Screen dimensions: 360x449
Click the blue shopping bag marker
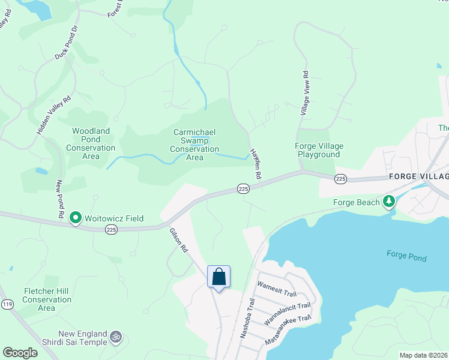click(219, 277)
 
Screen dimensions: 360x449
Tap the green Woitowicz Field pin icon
click(76, 218)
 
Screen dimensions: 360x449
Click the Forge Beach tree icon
click(389, 202)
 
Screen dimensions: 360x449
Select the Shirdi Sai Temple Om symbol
click(116, 338)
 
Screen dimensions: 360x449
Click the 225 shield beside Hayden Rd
click(243, 188)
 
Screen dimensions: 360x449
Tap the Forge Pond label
click(406, 256)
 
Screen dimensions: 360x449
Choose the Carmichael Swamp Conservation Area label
click(194, 145)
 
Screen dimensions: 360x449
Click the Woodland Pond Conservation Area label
click(91, 143)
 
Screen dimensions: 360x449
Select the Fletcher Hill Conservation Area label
click(47, 299)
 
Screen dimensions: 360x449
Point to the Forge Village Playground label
click(318, 150)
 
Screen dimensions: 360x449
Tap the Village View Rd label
click(305, 94)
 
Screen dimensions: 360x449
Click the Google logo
click(20, 353)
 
